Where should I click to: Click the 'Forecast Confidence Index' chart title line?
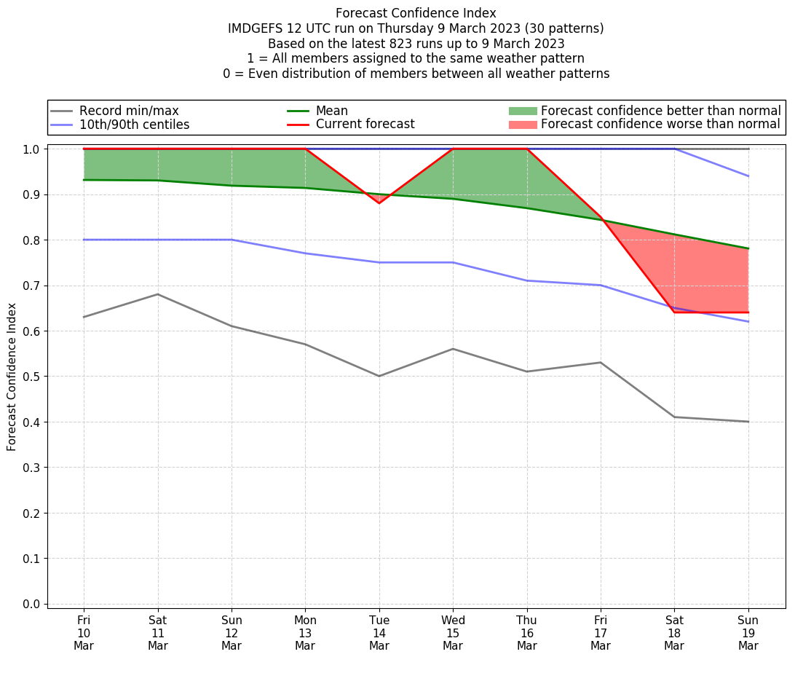(416, 13)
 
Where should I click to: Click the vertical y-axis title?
(12, 377)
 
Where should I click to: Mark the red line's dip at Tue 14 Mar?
(379, 202)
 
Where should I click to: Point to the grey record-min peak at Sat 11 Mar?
(158, 294)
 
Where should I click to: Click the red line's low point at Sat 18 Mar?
(674, 312)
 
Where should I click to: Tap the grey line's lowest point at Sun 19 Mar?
(748, 422)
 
